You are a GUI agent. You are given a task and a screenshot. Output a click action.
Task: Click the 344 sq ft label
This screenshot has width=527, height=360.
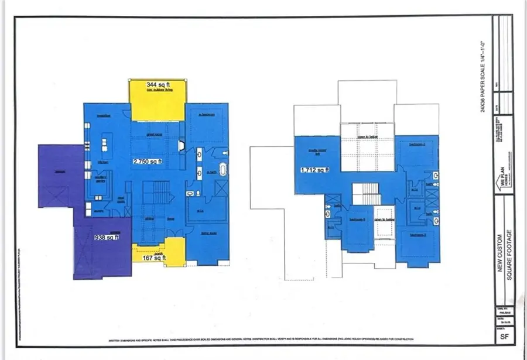(x=156, y=85)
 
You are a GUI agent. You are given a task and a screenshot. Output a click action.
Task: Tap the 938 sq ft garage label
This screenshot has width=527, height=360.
(x=107, y=238)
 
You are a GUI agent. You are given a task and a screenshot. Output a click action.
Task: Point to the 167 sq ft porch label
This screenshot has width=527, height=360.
(x=154, y=257)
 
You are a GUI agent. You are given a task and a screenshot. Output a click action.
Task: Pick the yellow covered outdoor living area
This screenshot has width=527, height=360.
(x=156, y=100)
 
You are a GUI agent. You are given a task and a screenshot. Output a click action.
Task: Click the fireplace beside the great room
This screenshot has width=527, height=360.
(x=182, y=144)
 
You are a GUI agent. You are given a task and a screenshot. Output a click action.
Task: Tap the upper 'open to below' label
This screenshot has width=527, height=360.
(x=368, y=136)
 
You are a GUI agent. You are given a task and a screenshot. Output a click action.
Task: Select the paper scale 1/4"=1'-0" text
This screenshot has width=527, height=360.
(x=483, y=76)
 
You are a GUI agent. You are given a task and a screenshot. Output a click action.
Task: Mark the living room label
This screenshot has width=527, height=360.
(x=209, y=232)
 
